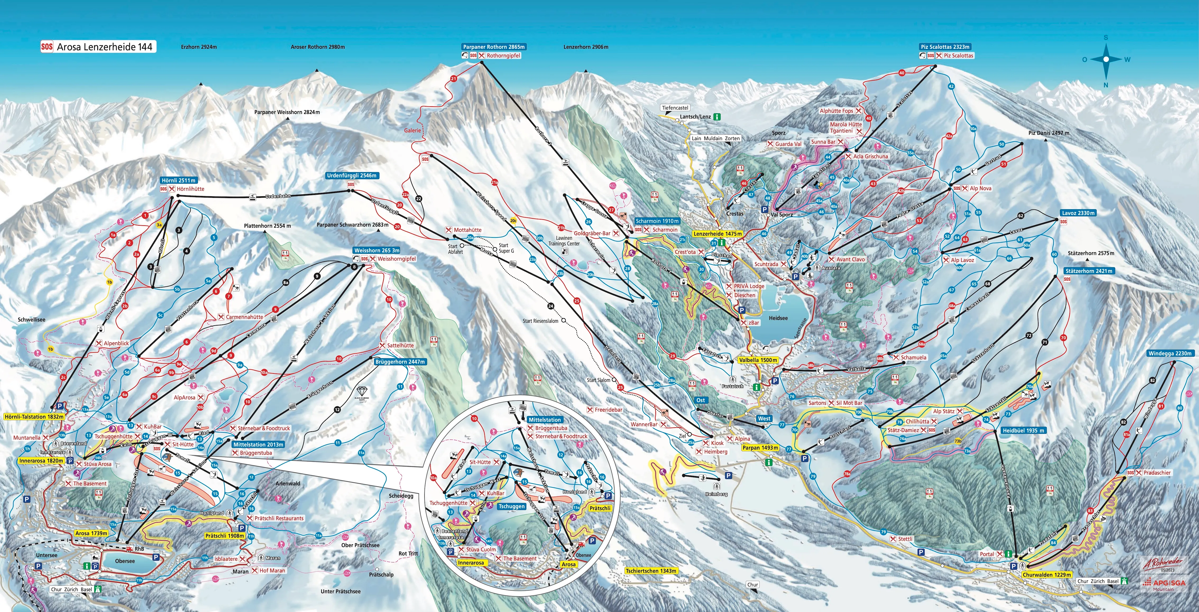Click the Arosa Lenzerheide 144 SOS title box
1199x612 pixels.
pyautogui.click(x=98, y=47)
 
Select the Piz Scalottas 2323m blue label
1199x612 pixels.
pyautogui.click(x=945, y=47)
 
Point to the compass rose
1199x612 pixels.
pyautogui.click(x=1106, y=60)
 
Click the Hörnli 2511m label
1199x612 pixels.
pyautogui.click(x=179, y=180)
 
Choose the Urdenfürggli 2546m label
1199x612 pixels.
pyautogui.click(x=351, y=176)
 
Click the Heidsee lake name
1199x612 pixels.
pyautogui.click(x=778, y=318)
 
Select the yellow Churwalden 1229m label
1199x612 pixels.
pyautogui.click(x=1047, y=575)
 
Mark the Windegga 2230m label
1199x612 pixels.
pyautogui.click(x=1170, y=354)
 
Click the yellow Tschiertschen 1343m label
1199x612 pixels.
pyautogui.click(x=651, y=570)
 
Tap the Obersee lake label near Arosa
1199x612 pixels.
pyautogui.click(x=125, y=561)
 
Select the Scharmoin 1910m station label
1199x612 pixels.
pyautogui.click(x=657, y=221)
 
